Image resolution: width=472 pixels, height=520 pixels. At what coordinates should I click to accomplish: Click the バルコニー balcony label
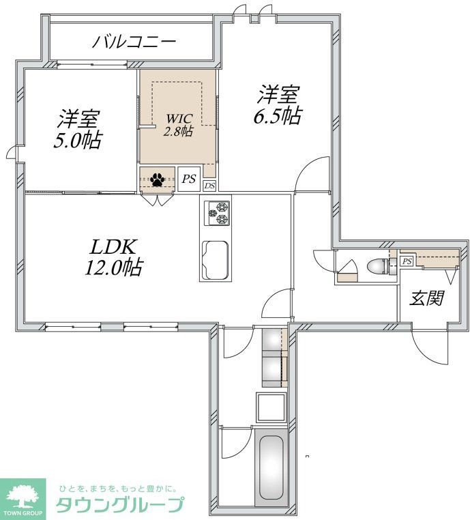coord(134,42)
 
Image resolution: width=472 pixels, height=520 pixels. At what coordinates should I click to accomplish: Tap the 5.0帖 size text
coord(79,141)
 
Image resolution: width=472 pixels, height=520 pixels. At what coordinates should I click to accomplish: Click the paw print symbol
coord(158,179)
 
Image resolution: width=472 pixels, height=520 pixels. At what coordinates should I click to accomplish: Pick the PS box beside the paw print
coord(188,179)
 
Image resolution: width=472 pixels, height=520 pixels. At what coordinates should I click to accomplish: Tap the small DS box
coord(209,185)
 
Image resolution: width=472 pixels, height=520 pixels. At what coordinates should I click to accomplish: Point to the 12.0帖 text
coord(113,268)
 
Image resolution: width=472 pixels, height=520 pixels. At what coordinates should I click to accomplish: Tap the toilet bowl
coord(376,265)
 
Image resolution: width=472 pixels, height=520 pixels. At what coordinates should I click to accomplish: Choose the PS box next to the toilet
coord(407,261)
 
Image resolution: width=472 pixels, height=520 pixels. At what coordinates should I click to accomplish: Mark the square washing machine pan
coord(270,407)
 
